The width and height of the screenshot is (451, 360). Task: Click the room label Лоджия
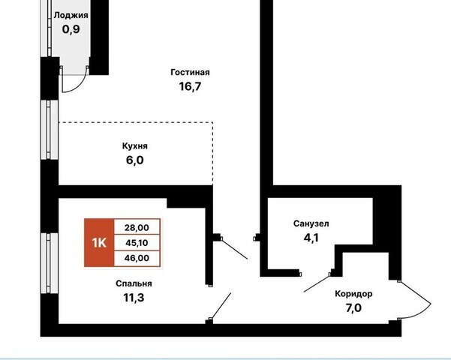71,16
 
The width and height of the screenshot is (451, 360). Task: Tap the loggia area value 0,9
71,29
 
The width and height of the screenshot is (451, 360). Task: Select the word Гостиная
190,72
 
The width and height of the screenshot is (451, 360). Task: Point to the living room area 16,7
190,86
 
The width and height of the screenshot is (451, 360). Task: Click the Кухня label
135,146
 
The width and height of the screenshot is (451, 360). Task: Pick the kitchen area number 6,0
134,160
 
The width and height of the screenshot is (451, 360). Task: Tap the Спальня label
134,283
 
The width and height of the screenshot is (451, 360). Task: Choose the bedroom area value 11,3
134,298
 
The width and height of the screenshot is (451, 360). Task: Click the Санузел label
311,223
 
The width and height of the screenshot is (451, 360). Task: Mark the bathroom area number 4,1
311,238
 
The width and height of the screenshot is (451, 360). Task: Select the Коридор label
353,294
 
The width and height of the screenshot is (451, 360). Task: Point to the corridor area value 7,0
353,308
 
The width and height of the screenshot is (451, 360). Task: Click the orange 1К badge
99,243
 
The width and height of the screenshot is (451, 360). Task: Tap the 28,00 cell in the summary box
137,228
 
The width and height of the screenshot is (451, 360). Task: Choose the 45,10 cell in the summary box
137,243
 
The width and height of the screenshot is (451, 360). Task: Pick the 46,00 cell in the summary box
137,258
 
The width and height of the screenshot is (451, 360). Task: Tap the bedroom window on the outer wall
50,263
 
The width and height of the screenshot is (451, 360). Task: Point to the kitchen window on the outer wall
50,130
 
